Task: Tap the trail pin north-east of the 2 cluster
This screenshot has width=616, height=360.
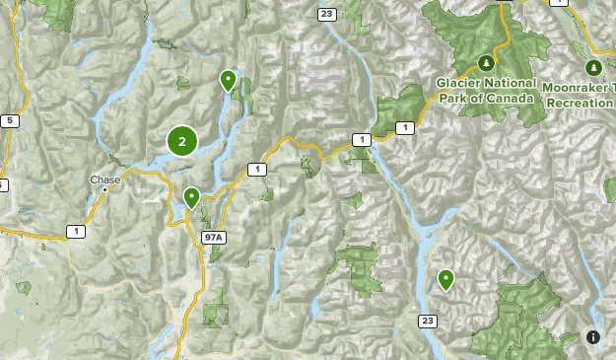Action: (x=229, y=80)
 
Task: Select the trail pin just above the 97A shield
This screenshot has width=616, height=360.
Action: (x=192, y=197)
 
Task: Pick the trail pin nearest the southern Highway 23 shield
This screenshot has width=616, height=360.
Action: (x=445, y=280)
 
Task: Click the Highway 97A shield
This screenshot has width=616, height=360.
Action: (x=213, y=238)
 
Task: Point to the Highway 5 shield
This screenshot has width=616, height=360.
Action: (x=9, y=121)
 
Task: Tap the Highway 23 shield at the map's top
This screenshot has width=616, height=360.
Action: (x=325, y=13)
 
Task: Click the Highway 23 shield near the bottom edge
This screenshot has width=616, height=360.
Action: (x=426, y=321)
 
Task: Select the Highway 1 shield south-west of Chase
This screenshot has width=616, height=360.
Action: (x=74, y=231)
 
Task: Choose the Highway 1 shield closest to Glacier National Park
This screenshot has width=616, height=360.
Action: (x=403, y=128)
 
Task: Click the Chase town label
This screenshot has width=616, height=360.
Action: (x=103, y=180)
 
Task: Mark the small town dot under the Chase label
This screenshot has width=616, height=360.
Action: (x=104, y=188)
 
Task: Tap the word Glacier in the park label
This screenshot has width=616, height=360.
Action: (x=456, y=84)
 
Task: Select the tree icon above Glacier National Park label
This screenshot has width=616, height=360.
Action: (x=485, y=63)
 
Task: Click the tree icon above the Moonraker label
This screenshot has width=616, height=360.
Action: (x=593, y=68)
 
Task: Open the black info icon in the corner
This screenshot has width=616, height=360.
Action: (x=593, y=337)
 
